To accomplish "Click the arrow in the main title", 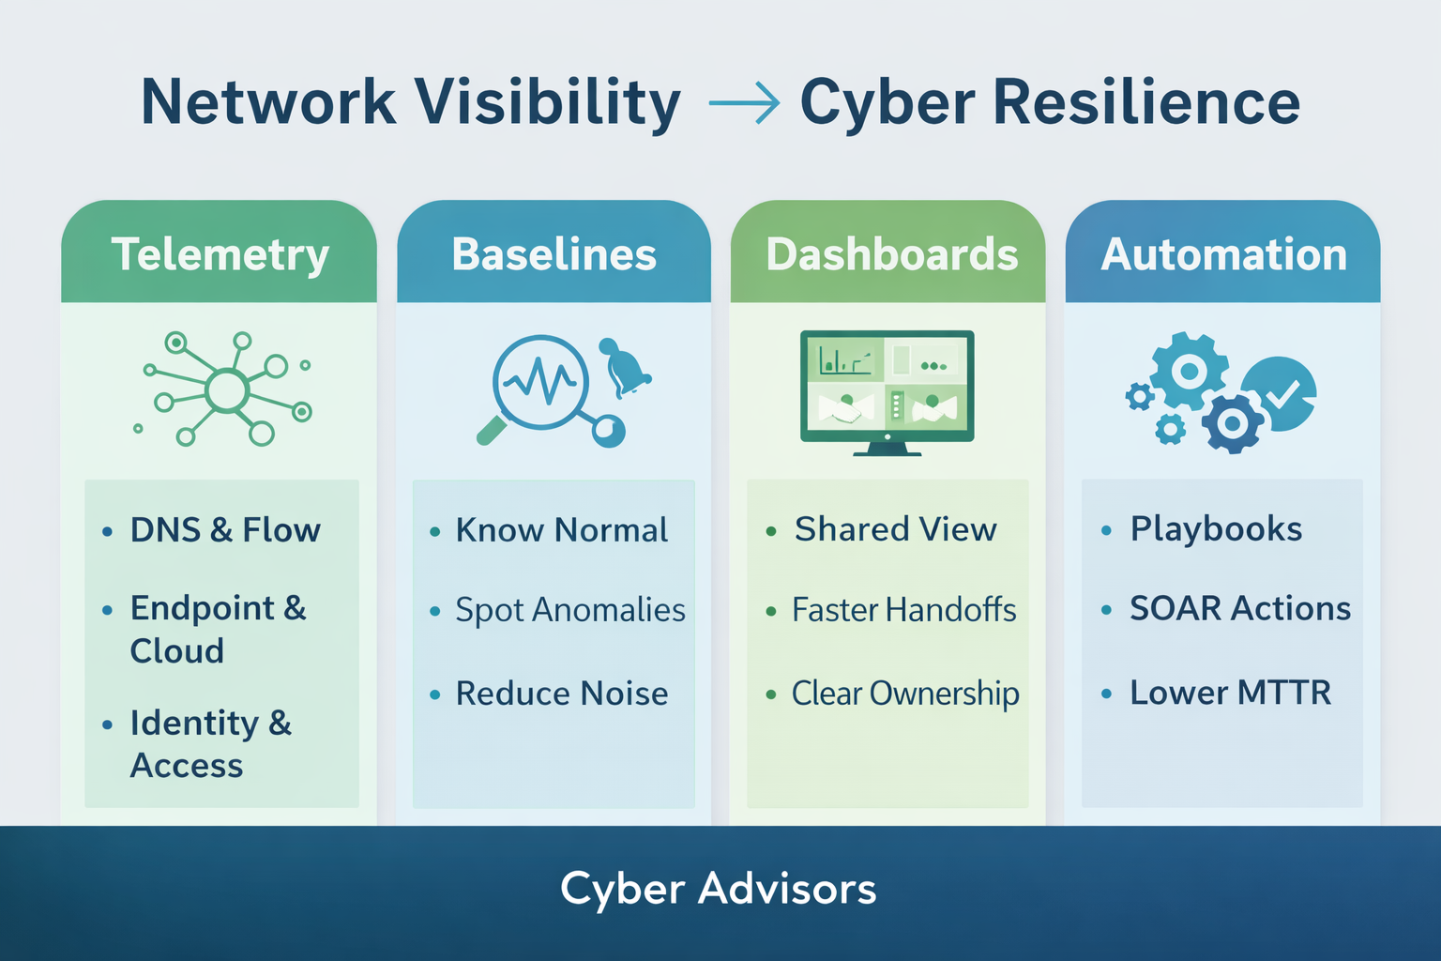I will (x=744, y=102).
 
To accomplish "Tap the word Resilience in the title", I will (x=1145, y=102).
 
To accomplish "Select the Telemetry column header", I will (x=220, y=254).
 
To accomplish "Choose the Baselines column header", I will (x=554, y=254).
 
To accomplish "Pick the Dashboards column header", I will (x=891, y=254).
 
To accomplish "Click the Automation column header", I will (x=1223, y=254).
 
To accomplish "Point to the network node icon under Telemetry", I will (x=225, y=389).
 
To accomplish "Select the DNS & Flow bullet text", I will (x=225, y=530).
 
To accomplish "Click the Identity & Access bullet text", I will (x=210, y=744).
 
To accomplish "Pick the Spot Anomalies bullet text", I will (x=569, y=611).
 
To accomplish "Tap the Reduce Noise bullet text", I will (x=561, y=694).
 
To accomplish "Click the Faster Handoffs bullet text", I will (x=903, y=611).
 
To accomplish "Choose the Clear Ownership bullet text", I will (x=904, y=694).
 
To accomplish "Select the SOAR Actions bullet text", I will (x=1239, y=609).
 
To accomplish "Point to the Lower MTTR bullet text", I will (x=1230, y=693).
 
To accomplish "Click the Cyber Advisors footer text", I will (x=719, y=889).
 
